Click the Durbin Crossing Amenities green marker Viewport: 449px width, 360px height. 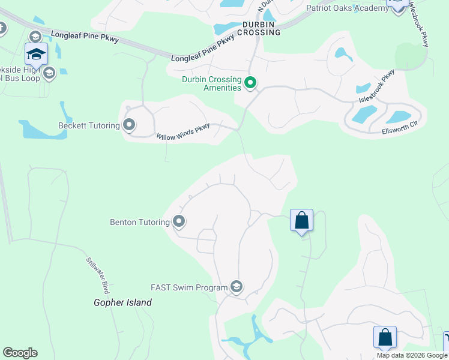click(x=250, y=83)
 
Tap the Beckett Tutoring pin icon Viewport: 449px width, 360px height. click(x=129, y=125)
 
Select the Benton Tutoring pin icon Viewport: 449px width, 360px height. click(x=179, y=222)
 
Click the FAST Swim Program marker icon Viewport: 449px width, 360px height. click(x=236, y=287)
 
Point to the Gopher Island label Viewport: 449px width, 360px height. click(x=122, y=302)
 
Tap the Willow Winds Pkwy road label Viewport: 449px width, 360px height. click(x=183, y=133)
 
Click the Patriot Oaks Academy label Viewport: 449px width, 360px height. click(x=347, y=8)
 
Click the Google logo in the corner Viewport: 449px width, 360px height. click(x=20, y=353)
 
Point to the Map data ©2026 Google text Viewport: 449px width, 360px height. click(x=412, y=355)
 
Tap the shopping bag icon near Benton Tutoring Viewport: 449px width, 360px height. click(x=301, y=220)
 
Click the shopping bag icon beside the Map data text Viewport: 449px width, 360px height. click(x=385, y=337)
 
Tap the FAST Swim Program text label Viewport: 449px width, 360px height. click(x=189, y=288)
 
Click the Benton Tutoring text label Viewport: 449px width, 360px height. click(x=140, y=222)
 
